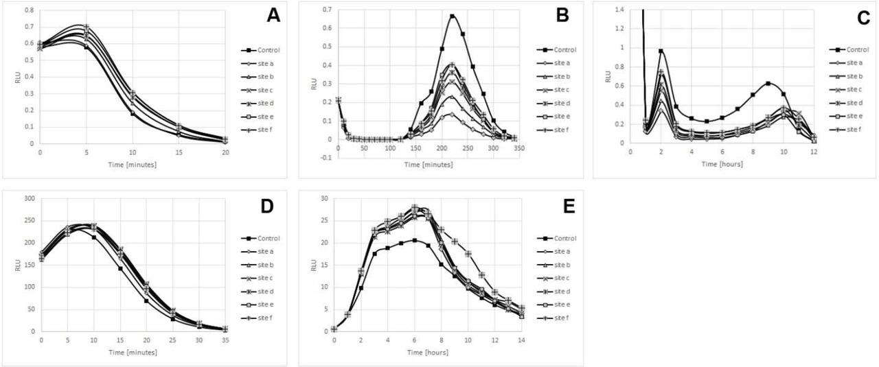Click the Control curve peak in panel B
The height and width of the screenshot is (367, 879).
(453, 16)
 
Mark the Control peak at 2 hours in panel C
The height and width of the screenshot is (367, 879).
(661, 51)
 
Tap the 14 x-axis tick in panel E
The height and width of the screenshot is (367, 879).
(523, 340)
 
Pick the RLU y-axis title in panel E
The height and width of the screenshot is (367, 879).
(313, 265)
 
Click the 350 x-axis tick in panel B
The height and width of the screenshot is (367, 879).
(521, 148)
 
